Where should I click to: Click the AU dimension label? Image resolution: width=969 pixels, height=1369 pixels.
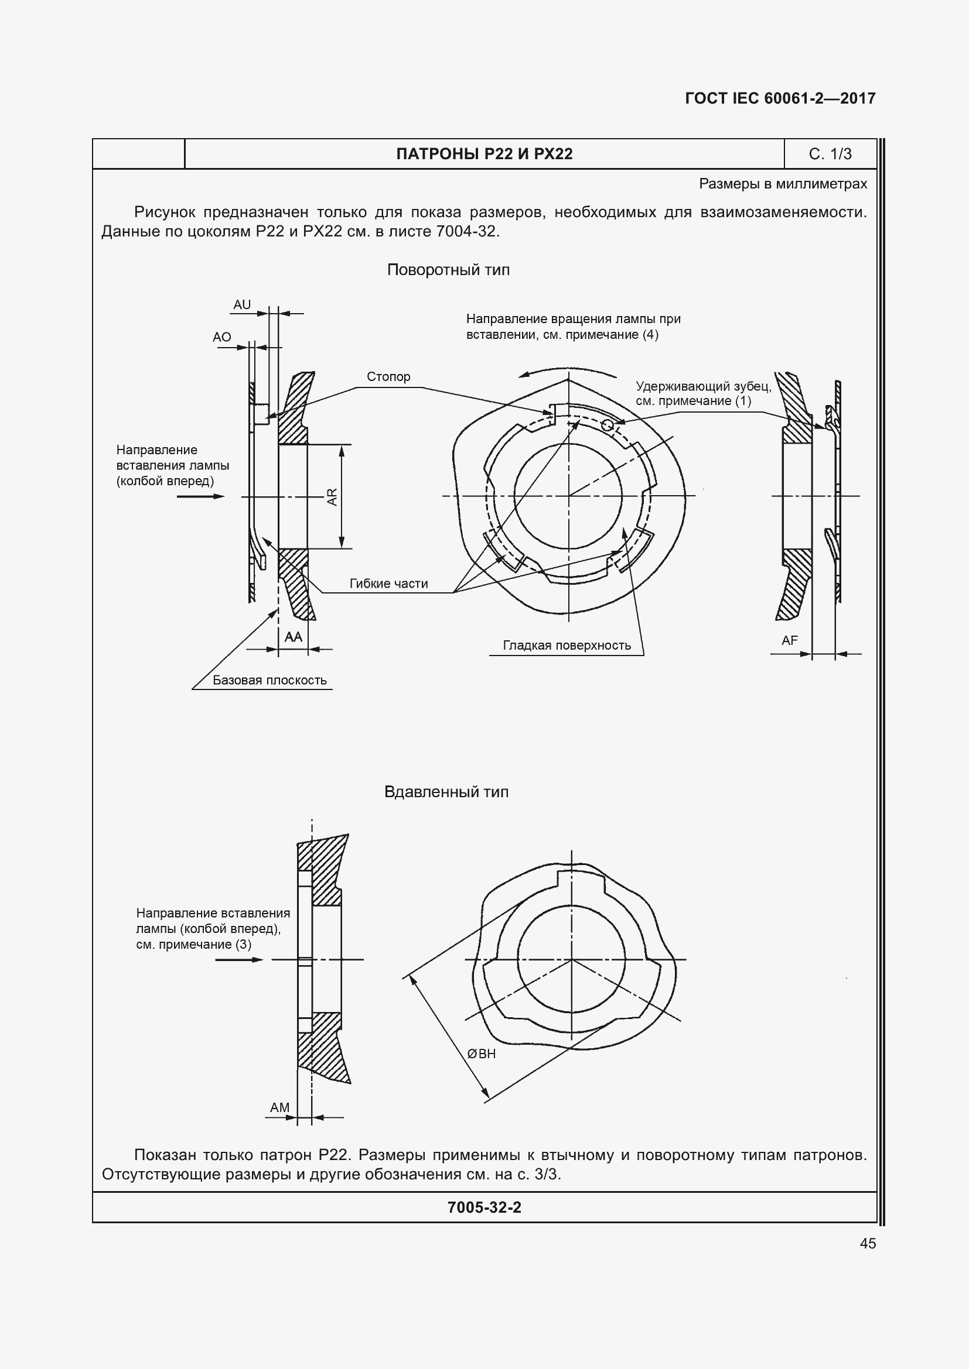241,305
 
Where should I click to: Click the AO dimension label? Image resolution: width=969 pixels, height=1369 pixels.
222,337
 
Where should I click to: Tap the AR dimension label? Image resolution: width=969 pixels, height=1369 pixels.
332,497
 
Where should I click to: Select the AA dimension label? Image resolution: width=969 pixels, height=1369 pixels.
293,637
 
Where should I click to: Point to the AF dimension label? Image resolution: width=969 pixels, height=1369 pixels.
789,640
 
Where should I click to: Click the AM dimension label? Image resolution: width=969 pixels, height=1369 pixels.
279,1107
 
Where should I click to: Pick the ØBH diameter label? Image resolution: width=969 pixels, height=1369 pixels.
481,1054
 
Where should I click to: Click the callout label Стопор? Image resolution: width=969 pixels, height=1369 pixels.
388,377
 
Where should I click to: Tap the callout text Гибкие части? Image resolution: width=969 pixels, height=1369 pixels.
388,584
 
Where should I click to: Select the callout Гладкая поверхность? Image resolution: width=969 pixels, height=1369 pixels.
567,645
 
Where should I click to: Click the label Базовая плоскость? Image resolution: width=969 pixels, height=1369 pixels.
269,680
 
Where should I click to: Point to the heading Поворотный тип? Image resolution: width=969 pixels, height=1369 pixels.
448,270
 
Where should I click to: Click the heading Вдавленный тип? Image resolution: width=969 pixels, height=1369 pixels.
446,792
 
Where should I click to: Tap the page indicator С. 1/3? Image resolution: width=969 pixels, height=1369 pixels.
830,154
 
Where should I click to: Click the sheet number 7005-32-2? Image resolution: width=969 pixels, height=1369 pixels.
484,1207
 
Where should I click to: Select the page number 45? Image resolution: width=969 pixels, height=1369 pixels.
868,1243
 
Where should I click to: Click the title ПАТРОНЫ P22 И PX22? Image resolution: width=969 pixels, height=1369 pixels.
484,154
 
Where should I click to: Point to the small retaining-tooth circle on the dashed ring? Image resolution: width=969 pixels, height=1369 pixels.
608,424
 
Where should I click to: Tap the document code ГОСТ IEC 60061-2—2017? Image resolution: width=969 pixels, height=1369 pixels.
780,98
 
